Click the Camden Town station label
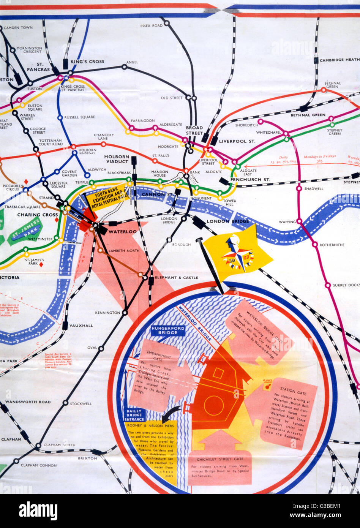pyautogui.click(x=21, y=28)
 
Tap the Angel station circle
pyautogui.click(x=124, y=67)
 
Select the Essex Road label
pyautogui.click(x=151, y=26)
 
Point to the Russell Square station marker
pyautogui.click(x=60, y=117)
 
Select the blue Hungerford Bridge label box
pyautogui.click(x=167, y=330)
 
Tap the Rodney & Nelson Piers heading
pyautogui.click(x=150, y=425)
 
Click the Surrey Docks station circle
pyautogui.click(x=327, y=285)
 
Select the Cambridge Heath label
pyautogui.click(x=339, y=60)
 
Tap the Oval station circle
pyautogui.click(x=101, y=348)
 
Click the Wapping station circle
pyautogui.click(x=299, y=221)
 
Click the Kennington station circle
pyautogui.click(x=125, y=313)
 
